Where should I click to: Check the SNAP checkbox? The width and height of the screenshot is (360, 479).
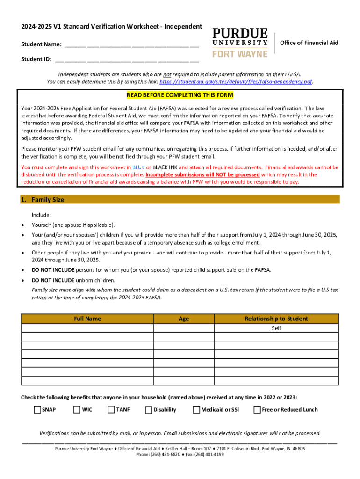37,410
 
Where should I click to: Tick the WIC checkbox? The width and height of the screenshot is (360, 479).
77,410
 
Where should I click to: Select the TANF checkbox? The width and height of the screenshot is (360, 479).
111,410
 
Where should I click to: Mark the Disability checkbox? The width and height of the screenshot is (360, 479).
149,410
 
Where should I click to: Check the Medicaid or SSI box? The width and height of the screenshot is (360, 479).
196,410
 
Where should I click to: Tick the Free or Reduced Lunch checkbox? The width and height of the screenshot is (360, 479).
257,410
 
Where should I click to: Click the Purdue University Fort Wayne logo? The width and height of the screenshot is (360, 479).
240,42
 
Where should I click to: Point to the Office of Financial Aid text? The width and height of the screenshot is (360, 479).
309,43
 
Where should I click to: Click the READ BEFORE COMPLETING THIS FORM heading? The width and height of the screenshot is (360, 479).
180,95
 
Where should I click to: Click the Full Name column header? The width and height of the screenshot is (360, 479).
87,319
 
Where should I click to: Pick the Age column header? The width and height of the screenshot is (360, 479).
184,319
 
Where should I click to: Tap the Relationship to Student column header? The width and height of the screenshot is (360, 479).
276,319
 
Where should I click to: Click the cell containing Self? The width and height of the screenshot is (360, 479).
276,328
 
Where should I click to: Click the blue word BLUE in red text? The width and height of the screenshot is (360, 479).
138,167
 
